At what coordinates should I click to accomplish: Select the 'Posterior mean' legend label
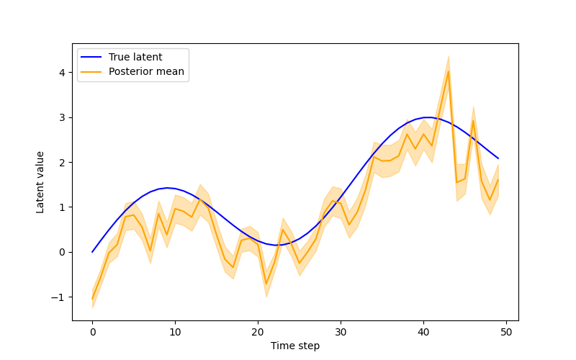pos(146,71)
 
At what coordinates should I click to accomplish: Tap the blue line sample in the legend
pos(92,57)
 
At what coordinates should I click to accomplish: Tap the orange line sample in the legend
pos(92,71)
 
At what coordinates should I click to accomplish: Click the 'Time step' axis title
pos(295,346)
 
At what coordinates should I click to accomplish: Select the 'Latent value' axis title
pos(41,181)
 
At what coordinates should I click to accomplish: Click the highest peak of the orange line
pos(449,71)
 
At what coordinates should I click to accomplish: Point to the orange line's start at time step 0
pos(92,299)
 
